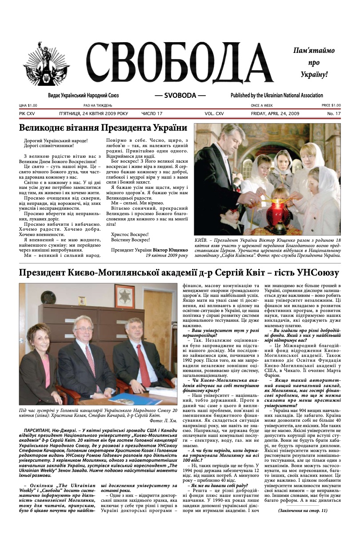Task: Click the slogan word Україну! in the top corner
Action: [314, 74]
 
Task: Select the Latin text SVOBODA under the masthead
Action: [180, 96]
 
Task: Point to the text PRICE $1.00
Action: [331, 105]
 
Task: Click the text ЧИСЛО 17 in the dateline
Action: [152, 114]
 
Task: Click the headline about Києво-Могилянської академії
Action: [179, 272]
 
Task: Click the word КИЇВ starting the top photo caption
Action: [201, 240]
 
